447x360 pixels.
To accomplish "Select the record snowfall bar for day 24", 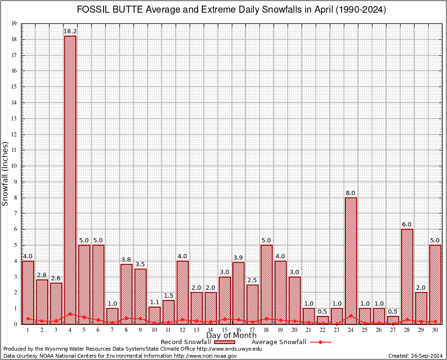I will click(351, 261).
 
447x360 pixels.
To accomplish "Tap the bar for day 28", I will click(407, 277).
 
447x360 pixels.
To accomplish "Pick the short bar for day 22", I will click(323, 320).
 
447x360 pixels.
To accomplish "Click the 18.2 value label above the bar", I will click(70, 31).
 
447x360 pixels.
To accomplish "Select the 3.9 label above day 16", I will click(238, 257).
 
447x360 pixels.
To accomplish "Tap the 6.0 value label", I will click(407, 225).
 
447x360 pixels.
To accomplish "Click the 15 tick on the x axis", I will click(224, 330).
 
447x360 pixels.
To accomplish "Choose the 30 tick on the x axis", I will click(435, 330).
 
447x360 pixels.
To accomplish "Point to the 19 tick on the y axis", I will click(15, 23).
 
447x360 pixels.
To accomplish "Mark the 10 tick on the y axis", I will click(15, 166).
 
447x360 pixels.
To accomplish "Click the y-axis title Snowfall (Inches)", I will click(6, 173).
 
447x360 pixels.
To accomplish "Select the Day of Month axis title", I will click(231, 336).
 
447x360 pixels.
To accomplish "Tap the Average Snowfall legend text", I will click(278, 342).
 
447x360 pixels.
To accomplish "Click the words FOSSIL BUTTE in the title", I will click(106, 10).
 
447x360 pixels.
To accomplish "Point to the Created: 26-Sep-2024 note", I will click(415, 356).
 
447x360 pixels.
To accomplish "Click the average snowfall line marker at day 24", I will click(351, 316).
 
